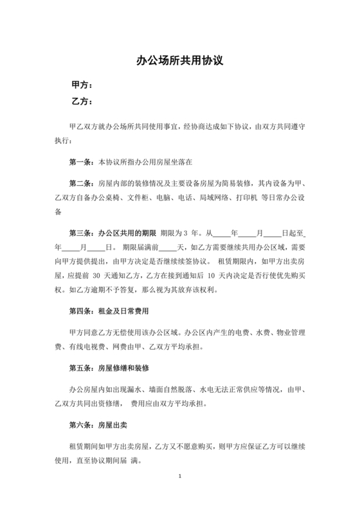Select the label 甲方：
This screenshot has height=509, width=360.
tap(81, 85)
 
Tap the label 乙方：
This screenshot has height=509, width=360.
tap(81, 102)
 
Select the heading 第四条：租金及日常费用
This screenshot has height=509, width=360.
tap(108, 311)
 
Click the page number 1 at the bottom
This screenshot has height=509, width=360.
tap(180, 476)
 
